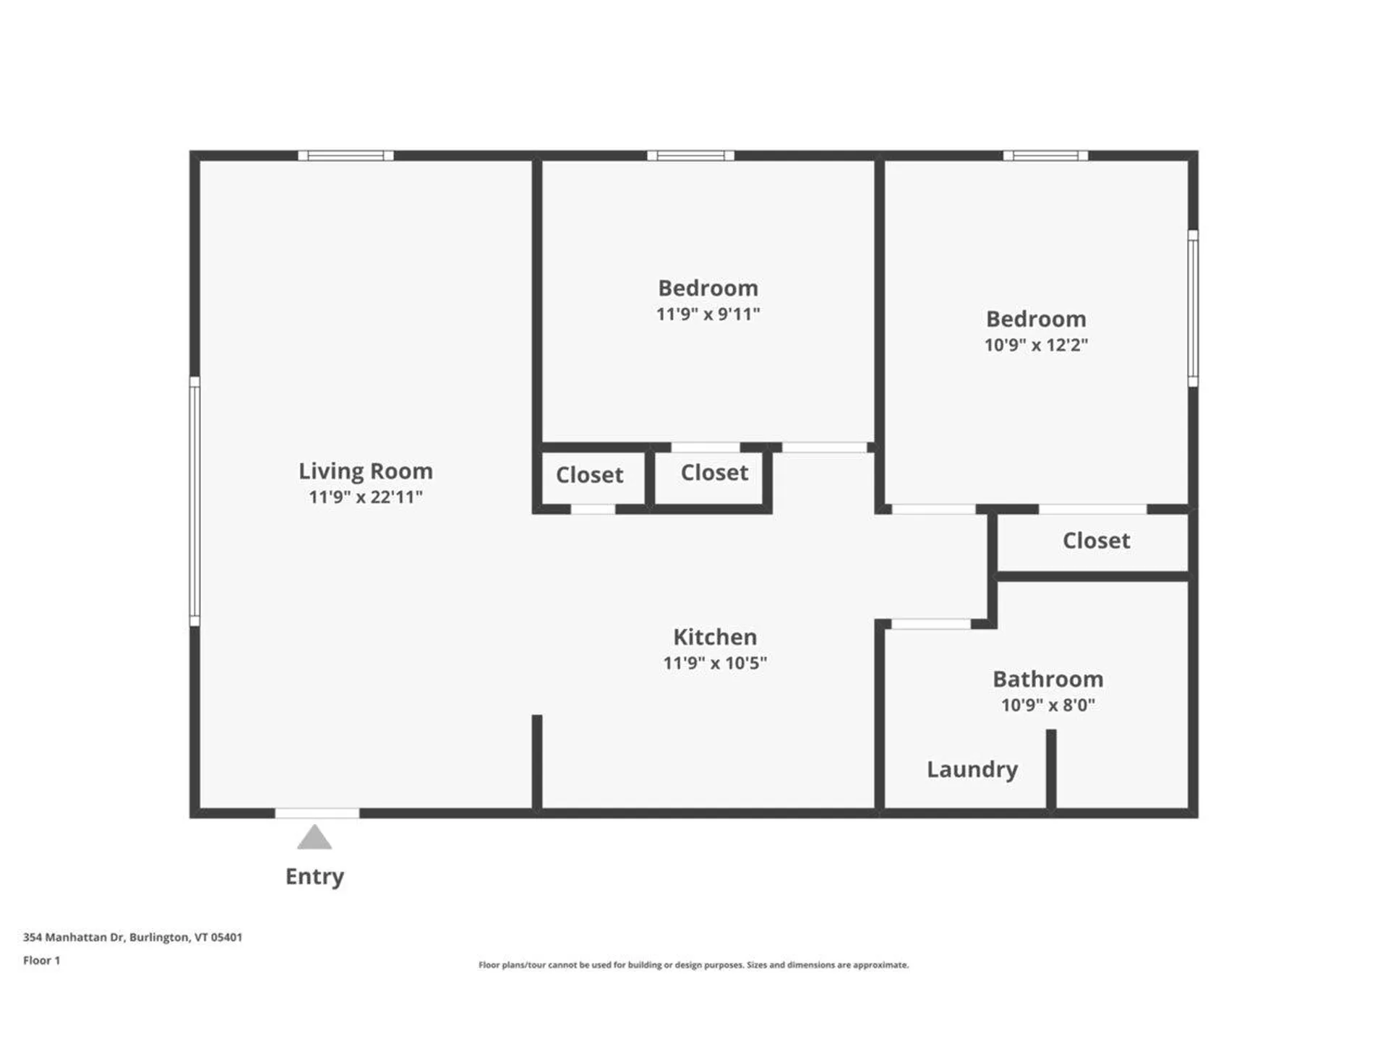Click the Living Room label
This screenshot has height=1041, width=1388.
(366, 471)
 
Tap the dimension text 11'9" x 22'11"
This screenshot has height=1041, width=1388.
(366, 497)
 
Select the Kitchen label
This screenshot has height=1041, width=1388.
(715, 637)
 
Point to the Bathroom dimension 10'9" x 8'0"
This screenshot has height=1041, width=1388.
(1048, 705)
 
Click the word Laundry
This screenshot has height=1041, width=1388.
(972, 769)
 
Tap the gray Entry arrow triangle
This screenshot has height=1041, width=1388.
(314, 839)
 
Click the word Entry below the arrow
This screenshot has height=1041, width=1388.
(314, 876)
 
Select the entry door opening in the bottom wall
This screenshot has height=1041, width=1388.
(317, 813)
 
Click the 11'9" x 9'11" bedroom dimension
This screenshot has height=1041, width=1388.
(708, 314)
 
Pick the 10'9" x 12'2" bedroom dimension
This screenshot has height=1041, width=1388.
(1036, 345)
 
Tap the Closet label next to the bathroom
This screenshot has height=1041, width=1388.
(1096, 541)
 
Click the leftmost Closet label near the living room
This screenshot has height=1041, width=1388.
(589, 475)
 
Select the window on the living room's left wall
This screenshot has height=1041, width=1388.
(194, 500)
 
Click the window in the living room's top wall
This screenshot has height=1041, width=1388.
(346, 155)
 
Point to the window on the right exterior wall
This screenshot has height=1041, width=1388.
(1193, 309)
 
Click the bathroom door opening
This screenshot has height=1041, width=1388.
(930, 624)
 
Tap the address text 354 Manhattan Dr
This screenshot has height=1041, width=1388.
(132, 938)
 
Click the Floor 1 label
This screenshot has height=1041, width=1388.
(41, 961)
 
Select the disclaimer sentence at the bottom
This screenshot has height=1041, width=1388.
(693, 965)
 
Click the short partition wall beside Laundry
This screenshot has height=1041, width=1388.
(1051, 768)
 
